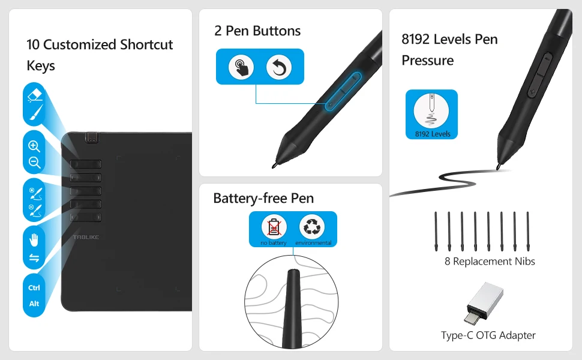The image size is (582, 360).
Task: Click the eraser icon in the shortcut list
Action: coord(35,95)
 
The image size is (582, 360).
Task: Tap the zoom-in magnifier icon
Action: coord(34,146)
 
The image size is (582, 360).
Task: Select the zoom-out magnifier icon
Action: coord(35,162)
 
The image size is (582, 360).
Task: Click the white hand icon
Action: coord(34,240)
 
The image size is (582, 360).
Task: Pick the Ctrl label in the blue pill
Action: coord(34,287)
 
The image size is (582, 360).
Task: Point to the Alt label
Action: coord(34,304)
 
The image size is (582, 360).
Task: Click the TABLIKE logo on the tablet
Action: coord(86,237)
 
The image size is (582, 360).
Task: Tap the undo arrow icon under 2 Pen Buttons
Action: coord(279,67)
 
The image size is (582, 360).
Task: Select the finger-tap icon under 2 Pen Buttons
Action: coord(241,67)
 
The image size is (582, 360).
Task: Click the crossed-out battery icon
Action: coord(274,227)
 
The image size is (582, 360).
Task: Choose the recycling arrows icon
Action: coord(312,227)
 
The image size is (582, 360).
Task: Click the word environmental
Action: coord(313,243)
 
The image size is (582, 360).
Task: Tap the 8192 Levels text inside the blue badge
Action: coord(433,134)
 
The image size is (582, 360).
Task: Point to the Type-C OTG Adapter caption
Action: coord(488,335)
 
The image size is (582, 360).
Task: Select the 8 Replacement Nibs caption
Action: coord(490,261)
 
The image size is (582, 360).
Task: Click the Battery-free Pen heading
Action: coord(263,198)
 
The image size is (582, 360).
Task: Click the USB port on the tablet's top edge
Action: coord(92,137)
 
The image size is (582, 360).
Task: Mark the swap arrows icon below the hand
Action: coord(34,257)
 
